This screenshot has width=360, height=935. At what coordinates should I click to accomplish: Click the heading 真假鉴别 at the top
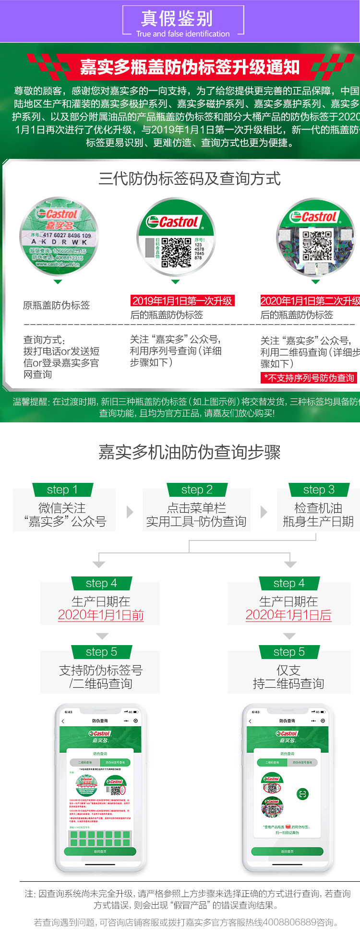coord(177,18)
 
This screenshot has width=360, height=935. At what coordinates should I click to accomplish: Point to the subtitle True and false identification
coord(183,34)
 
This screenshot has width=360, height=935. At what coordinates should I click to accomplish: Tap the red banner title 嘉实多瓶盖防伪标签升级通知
coord(190,67)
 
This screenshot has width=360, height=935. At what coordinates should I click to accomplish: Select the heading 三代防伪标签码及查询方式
coord(189,179)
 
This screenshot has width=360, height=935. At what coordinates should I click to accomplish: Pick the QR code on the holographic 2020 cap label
coord(317,245)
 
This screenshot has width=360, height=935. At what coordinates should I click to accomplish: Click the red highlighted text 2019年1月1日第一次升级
coord(182,301)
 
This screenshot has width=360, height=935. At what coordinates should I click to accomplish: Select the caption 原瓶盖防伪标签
coord(57,305)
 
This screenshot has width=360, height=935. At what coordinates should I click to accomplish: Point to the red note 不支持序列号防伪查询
coord(309,378)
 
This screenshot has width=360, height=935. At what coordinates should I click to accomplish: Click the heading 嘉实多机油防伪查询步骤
coord(189,452)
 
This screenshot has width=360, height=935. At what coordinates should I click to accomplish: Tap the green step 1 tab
coord(62,490)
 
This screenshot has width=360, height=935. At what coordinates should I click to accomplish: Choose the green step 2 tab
coord(197,490)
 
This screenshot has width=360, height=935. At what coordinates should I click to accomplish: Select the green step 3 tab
coord(319,490)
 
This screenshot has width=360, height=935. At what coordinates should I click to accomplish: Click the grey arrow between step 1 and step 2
coord(130,512)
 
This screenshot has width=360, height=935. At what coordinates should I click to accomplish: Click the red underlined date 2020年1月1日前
coord(101,615)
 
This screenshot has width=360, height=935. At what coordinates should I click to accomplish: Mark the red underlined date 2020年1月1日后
coord(288,615)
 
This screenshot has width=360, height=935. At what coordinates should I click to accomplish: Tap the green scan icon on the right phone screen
coord(302,794)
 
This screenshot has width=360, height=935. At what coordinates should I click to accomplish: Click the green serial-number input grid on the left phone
coord(100,838)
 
